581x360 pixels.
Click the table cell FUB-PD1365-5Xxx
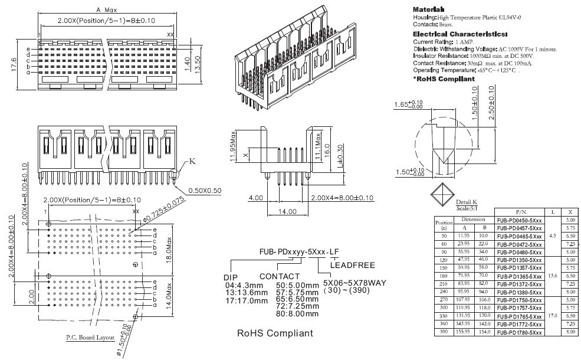pos(520,276)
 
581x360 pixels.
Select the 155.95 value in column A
pos(464,333)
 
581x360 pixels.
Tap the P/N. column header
pos(520,211)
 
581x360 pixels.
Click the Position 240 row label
pos(443,292)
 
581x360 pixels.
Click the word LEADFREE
pos(352,265)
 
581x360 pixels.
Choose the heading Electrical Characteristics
pos(452,34)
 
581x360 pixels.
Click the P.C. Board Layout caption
pos(90,338)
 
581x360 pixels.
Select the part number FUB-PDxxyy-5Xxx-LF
pos(299,251)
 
